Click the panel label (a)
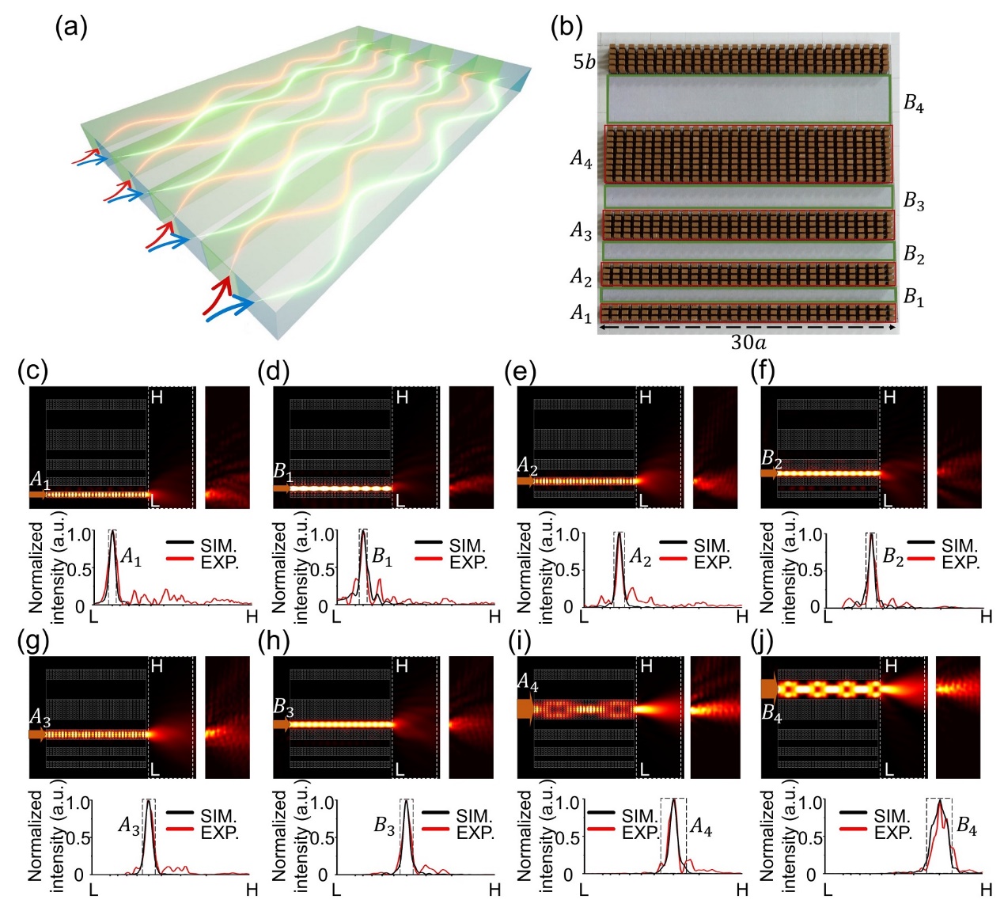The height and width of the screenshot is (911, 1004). [x=70, y=28]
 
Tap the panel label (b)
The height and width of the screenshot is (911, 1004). [x=566, y=28]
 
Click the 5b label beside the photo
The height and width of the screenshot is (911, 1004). [x=584, y=62]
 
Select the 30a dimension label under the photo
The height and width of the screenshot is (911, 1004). [x=748, y=343]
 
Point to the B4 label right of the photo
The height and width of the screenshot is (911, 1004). [x=914, y=104]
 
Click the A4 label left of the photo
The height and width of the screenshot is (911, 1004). [x=581, y=160]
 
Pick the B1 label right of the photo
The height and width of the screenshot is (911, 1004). [x=914, y=298]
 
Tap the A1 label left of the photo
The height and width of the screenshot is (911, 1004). [x=581, y=314]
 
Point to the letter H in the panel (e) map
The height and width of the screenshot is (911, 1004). [x=646, y=397]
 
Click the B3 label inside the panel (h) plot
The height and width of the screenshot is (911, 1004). [x=385, y=827]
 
